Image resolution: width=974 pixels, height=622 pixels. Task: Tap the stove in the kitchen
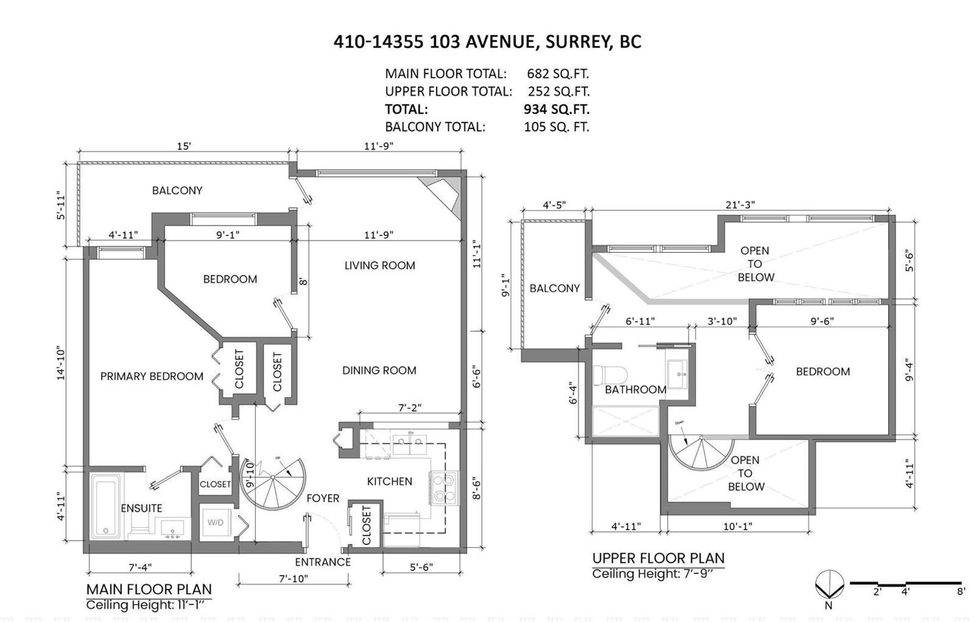coord(444,488)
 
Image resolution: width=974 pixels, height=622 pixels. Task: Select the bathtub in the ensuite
coord(106,506)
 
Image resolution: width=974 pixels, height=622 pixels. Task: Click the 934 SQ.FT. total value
coord(556,109)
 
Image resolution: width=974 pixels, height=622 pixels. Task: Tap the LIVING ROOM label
coord(379,266)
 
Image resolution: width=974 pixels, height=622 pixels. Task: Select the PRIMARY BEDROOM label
coord(152,377)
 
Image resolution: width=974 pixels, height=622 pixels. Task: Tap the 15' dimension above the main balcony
coord(184,146)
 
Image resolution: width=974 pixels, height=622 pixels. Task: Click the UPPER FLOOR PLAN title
coord(658,559)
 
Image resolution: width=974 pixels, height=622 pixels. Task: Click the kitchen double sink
coord(409,444)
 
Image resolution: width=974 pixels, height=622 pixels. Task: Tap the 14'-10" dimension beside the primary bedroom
coord(61,363)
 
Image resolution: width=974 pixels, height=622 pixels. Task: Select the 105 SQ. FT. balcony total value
coord(556,127)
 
